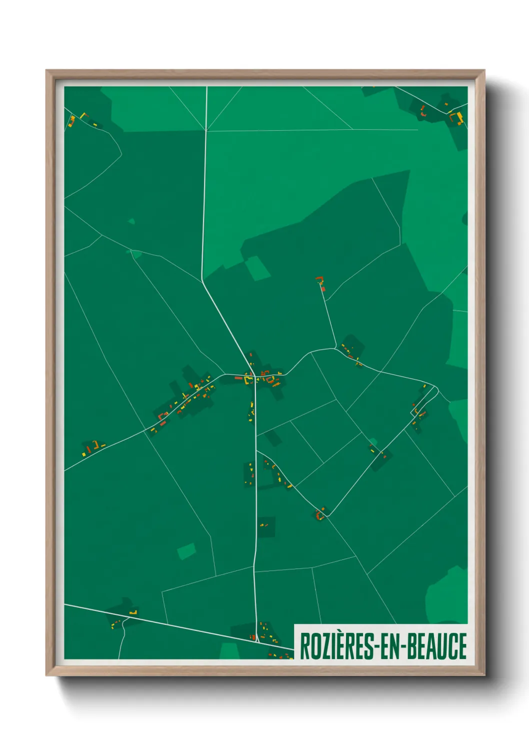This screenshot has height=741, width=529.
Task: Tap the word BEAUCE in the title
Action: [x=437, y=646]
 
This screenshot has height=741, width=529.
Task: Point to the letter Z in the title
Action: [x=323, y=646]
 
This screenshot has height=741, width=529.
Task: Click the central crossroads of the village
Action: [x=255, y=376]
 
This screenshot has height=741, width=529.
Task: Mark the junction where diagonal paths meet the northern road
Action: [x=206, y=131]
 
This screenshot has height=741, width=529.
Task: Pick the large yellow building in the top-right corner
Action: [x=457, y=118]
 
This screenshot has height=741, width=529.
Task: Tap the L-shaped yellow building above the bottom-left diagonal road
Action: [x=133, y=612]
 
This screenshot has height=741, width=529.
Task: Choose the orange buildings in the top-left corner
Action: [x=72, y=121]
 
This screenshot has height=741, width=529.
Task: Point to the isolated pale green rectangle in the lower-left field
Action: [x=186, y=552]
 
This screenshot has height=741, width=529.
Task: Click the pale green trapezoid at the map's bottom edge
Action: [x=229, y=651]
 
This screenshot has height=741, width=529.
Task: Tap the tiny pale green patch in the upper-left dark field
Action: [x=131, y=221]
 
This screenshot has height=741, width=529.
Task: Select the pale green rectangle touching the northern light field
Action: [x=257, y=268]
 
